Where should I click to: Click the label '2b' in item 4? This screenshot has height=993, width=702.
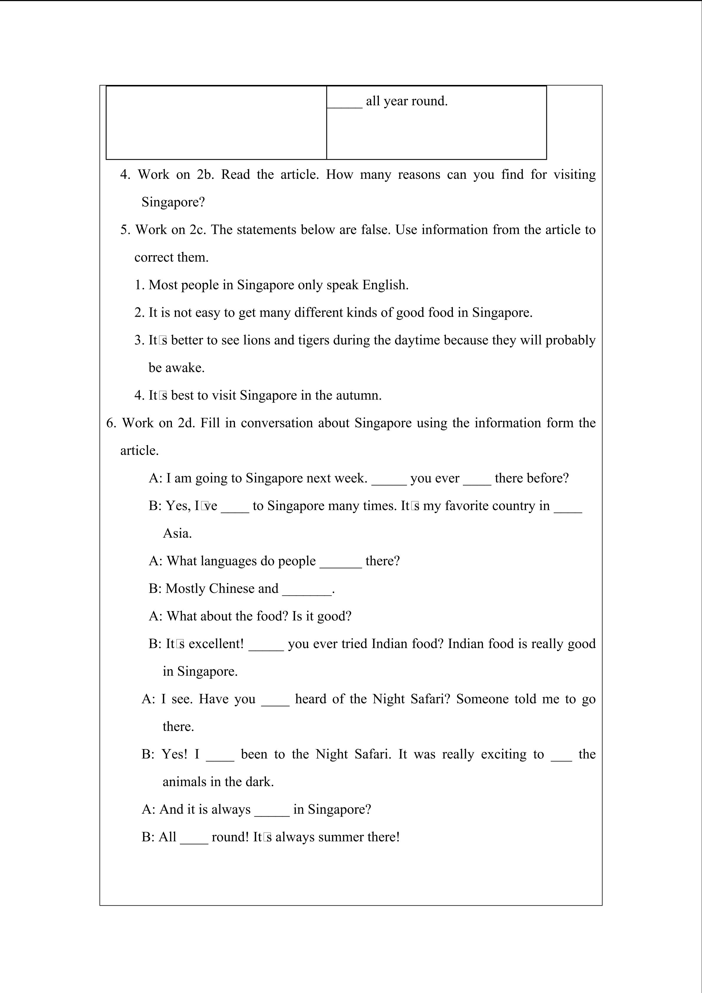[205, 175]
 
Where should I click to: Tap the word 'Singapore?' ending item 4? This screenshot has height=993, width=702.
[173, 202]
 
